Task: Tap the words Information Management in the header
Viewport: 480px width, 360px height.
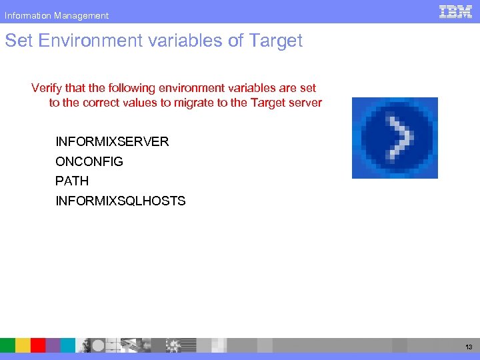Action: (x=57, y=15)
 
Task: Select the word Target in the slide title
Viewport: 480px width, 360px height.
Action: (x=276, y=41)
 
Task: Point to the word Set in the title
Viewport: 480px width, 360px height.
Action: (x=19, y=41)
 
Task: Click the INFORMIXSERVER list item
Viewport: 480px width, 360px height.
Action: (x=112, y=141)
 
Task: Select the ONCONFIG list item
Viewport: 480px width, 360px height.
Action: (x=89, y=161)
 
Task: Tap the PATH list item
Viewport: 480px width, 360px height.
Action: (x=72, y=181)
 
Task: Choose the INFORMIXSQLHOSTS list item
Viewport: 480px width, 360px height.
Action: (x=120, y=201)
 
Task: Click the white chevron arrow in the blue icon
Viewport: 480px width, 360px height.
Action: (x=399, y=138)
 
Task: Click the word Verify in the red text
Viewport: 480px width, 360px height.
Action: (x=47, y=88)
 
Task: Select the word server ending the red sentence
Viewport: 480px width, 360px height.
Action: (x=305, y=103)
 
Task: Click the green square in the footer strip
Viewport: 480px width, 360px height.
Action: (x=7, y=345)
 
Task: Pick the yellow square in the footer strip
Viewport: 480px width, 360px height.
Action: (x=23, y=345)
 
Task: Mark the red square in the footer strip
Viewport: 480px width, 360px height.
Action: (x=38, y=345)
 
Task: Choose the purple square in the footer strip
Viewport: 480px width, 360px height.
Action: (x=53, y=345)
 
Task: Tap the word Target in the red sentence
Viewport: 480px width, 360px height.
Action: (x=267, y=103)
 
